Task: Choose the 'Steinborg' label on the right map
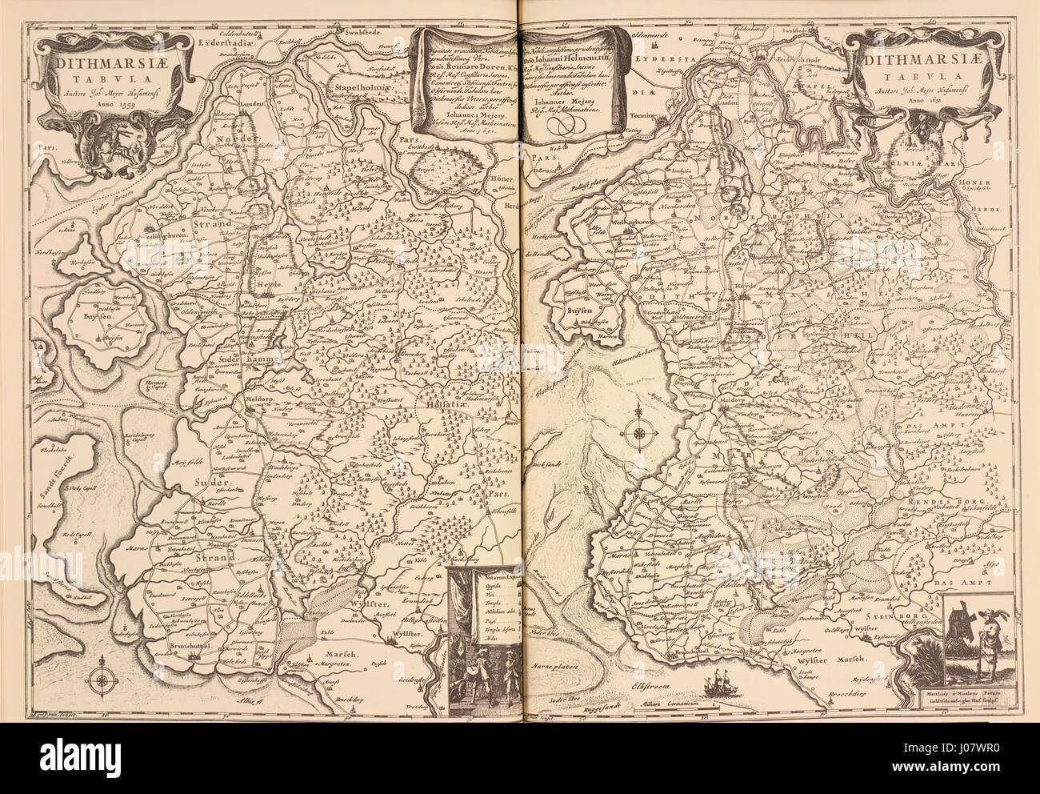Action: [x=890, y=617]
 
